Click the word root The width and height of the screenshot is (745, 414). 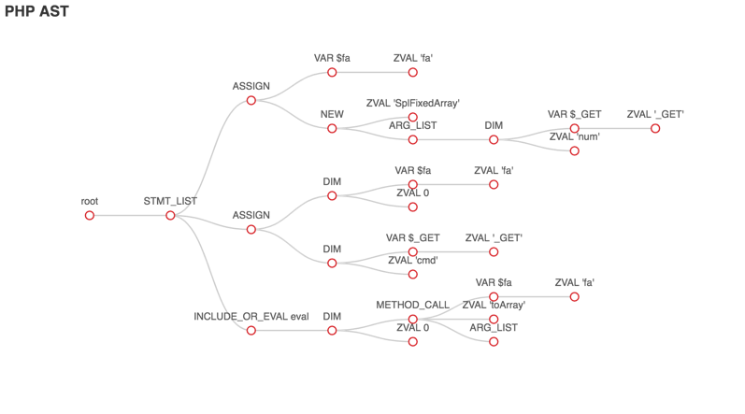point(90,201)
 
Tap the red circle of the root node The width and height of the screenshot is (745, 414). point(90,216)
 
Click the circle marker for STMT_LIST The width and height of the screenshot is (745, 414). point(170,216)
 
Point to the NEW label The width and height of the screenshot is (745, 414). point(332,114)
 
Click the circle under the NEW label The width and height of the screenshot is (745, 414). point(332,128)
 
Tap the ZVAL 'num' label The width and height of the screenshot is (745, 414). point(574,136)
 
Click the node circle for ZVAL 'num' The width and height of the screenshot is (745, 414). point(574,150)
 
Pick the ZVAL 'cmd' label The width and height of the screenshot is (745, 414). point(413,260)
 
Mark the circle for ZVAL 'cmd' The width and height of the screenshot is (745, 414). point(413,274)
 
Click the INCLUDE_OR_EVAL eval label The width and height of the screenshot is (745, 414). point(251,317)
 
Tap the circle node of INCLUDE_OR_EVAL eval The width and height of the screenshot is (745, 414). point(251,330)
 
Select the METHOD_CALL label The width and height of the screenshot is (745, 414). point(412,306)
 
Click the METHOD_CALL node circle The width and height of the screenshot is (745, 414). point(412,319)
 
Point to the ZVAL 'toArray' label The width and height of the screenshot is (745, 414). point(494,306)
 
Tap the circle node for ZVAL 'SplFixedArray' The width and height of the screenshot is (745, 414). point(413,117)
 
